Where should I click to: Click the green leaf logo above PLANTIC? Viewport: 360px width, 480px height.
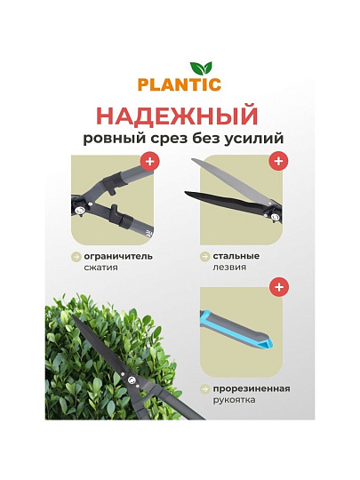201,68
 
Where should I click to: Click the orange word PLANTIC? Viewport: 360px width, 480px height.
180,84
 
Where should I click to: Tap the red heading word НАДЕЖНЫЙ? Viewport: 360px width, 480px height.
179,115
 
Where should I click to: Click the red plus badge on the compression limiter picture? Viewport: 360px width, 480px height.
150,161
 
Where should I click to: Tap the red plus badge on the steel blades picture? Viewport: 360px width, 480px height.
278,161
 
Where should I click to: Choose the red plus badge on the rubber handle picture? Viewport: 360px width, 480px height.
279,287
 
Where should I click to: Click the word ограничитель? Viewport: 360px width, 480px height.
118,256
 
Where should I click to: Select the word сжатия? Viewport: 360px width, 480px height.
100,268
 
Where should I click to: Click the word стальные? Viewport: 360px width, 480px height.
236,256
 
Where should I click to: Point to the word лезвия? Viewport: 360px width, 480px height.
229,268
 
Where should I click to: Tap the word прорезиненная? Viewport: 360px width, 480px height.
252,388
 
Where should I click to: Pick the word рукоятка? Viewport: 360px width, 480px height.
234,400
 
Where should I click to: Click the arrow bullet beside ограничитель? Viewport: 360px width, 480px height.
76,257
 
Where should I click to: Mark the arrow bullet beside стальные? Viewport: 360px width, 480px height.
204,257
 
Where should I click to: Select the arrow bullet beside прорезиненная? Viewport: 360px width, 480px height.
204,389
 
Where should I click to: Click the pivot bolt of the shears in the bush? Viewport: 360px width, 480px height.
132,380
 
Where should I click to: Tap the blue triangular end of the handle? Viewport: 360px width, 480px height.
268,343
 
